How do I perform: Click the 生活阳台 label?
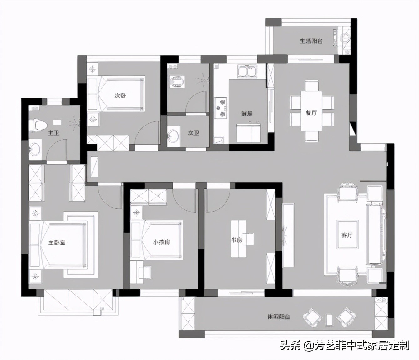(311, 41)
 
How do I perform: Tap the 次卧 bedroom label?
(120, 95)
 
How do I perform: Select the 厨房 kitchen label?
(247, 113)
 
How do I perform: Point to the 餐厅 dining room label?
(311, 112)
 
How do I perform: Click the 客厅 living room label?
(347, 235)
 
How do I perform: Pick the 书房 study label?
(237, 240)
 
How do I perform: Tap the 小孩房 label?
(161, 242)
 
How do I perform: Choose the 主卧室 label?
(57, 243)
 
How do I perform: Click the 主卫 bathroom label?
(53, 133)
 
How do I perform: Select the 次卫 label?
(193, 133)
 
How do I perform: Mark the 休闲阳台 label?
(278, 317)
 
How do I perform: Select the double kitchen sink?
(247, 72)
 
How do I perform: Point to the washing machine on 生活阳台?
(345, 38)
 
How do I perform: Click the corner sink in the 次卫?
(173, 135)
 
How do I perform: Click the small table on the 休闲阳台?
(329, 319)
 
